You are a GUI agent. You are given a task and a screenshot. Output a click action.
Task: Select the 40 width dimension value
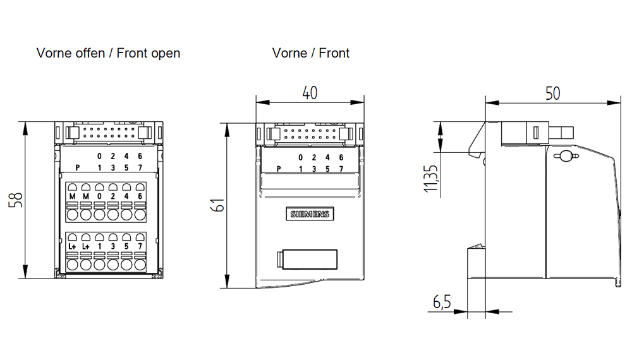(309, 92)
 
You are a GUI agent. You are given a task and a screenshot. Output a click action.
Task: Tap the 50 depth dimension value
(552, 93)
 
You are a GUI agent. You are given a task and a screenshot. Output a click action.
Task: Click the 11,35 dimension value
(432, 179)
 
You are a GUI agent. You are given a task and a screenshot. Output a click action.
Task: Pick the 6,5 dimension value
(442, 303)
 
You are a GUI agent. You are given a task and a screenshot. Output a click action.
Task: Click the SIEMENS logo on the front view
(310, 214)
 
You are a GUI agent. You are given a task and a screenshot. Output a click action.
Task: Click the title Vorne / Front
(310, 53)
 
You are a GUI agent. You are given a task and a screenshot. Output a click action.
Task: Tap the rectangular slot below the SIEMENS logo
(307, 259)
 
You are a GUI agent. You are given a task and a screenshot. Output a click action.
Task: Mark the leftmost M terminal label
(72, 197)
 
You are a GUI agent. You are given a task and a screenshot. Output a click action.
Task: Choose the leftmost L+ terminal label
(72, 246)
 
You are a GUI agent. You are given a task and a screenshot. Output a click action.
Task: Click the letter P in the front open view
(77, 167)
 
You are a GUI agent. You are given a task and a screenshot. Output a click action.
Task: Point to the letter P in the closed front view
(279, 169)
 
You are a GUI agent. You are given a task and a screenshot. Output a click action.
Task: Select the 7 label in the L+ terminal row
(140, 246)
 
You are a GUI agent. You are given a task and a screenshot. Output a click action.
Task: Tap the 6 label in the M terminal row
(140, 197)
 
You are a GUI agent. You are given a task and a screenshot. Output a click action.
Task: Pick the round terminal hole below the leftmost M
(72, 215)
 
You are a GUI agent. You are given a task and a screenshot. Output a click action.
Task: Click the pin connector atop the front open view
(107, 133)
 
